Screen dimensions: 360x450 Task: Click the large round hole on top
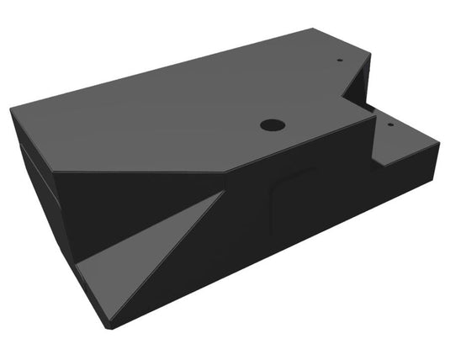coord(272,124)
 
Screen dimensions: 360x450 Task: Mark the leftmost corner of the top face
coord(12,109)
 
